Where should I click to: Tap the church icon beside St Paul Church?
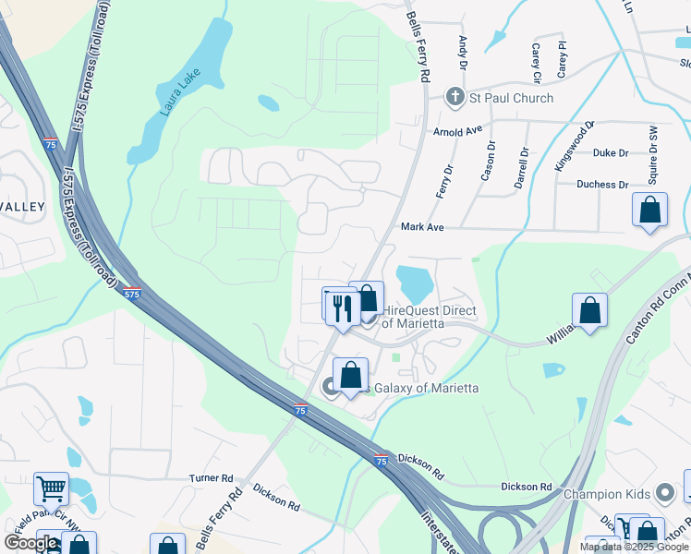pyautogui.click(x=454, y=97)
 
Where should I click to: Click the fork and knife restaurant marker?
pyautogui.click(x=344, y=307)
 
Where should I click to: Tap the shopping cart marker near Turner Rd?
pyautogui.click(x=51, y=488)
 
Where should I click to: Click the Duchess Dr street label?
pyautogui.click(x=602, y=185)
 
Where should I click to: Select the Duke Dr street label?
pyautogui.click(x=611, y=153)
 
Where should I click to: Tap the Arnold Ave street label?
pyautogui.click(x=458, y=132)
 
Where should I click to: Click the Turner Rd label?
pyautogui.click(x=211, y=477)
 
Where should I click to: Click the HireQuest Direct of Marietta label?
pyautogui.click(x=429, y=317)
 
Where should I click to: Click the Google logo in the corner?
pyautogui.click(x=30, y=544)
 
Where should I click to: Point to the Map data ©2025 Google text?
pyautogui.click(x=633, y=547)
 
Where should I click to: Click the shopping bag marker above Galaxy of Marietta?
pyautogui.click(x=350, y=375)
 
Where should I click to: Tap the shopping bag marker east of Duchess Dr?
pyautogui.click(x=650, y=210)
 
